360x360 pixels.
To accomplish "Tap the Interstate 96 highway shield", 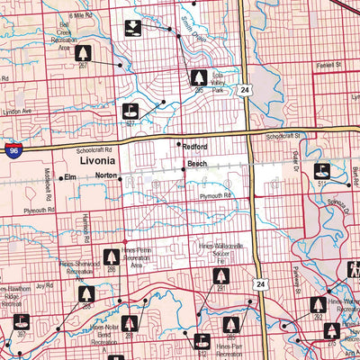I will pyautogui.click(x=12, y=150).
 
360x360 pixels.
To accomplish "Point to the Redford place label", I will pyautogui.click(x=196, y=146).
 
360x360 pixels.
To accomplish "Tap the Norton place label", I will pyautogui.click(x=106, y=176).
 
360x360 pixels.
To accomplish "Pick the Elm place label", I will pyautogui.click(x=70, y=177).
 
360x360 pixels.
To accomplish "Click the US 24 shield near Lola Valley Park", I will pyautogui.click(x=245, y=90).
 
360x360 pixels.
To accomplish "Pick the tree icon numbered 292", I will pyautogui.click(x=318, y=306).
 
